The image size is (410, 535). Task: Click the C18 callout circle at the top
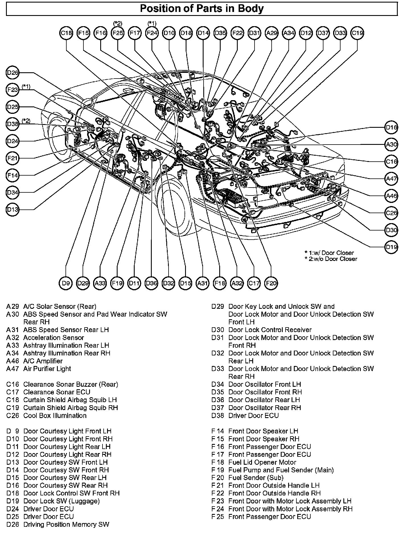[x=66, y=33]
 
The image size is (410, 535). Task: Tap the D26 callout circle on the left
[x=12, y=73]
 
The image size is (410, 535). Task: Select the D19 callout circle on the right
[x=391, y=247]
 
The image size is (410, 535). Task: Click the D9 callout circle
[x=66, y=283]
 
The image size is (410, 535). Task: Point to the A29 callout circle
[x=271, y=33]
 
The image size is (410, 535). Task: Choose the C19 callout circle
[x=357, y=33]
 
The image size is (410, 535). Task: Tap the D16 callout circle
[x=391, y=127]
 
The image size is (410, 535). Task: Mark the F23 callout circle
[x=12, y=90]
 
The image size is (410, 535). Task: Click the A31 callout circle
[x=202, y=283]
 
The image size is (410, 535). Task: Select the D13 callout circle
[x=12, y=210]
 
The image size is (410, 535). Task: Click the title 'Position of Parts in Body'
[x=202, y=9]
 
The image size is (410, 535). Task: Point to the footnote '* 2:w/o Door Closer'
[x=331, y=259]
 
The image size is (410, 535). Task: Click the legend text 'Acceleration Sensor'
[x=54, y=338]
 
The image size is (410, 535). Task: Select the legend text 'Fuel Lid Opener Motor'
[x=262, y=462]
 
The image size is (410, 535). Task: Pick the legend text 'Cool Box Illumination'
[x=55, y=415]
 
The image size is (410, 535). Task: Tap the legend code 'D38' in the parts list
[x=218, y=415]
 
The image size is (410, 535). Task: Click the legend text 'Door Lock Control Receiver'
[x=270, y=330]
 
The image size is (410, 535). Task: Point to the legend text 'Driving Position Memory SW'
[x=66, y=524]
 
